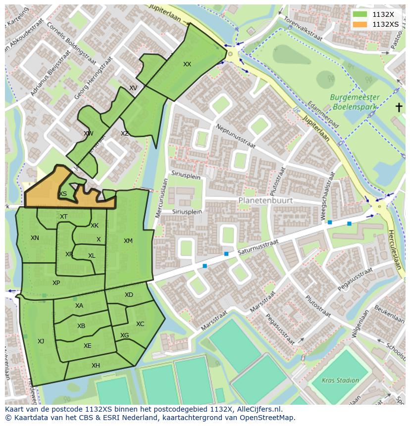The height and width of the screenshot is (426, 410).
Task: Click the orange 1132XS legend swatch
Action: [x=360, y=24]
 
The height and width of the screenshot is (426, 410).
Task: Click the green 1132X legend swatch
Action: [x=360, y=15]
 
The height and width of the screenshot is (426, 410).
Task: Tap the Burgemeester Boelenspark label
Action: [x=356, y=102]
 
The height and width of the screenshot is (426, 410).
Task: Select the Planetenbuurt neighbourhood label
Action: [x=265, y=200]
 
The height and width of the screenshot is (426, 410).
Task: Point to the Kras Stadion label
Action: [x=340, y=380]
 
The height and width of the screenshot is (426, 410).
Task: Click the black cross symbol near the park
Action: [x=399, y=107]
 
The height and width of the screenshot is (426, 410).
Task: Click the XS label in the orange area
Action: [x=63, y=194]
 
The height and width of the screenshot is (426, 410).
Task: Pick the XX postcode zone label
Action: [x=187, y=64]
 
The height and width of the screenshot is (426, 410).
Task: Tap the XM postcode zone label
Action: [x=128, y=241]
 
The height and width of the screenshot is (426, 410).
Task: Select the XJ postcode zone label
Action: [x=41, y=341]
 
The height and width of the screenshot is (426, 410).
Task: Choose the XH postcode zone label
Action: [x=96, y=366]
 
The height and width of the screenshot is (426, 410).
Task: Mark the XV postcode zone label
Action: [x=133, y=88]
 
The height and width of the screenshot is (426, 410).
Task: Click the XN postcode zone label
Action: [x=35, y=238]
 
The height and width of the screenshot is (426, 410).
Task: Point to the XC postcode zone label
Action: [x=140, y=324]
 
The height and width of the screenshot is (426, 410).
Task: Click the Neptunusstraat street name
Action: [x=235, y=136]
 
